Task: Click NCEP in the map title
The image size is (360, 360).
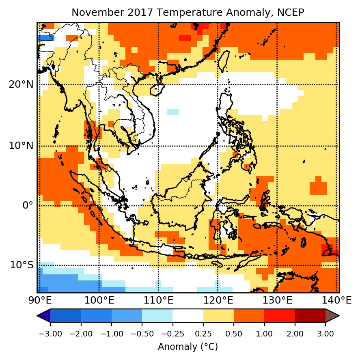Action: coord(291,13)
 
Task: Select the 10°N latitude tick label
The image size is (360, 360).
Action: coord(21,146)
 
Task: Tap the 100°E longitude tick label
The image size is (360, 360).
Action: coord(99,301)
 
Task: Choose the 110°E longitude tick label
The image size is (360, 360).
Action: coord(158,301)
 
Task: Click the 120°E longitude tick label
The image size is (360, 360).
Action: coord(218,301)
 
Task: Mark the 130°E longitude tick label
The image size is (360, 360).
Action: coord(277,301)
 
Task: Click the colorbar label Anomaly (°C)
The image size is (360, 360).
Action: coord(188,347)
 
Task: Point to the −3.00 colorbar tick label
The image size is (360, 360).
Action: coord(50,334)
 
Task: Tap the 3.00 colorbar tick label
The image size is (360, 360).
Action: coord(326,334)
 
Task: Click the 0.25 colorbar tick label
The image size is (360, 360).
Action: coord(203,334)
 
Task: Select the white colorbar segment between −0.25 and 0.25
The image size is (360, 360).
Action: coord(188,316)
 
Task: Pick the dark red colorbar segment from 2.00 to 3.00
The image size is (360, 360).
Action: coord(310,316)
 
